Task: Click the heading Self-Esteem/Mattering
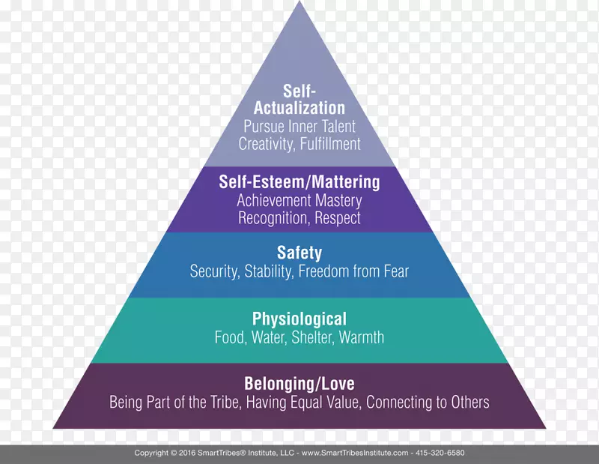pyautogui.click(x=299, y=182)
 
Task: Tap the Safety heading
pyautogui.click(x=299, y=253)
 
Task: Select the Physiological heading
pyautogui.click(x=299, y=319)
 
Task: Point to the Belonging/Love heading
pyautogui.click(x=299, y=384)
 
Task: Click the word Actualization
pyautogui.click(x=299, y=108)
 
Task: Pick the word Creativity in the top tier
pyautogui.click(x=263, y=143)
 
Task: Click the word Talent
pyautogui.click(x=335, y=126)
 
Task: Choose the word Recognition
pyautogui.click(x=270, y=218)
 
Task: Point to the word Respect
pyautogui.click(x=338, y=218)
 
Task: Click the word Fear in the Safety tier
pyautogui.click(x=395, y=271)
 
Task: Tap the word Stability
pyautogui.click(x=267, y=271)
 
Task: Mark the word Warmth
pyautogui.click(x=362, y=337)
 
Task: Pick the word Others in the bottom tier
pyautogui.click(x=467, y=403)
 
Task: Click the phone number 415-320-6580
pyautogui.click(x=440, y=454)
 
